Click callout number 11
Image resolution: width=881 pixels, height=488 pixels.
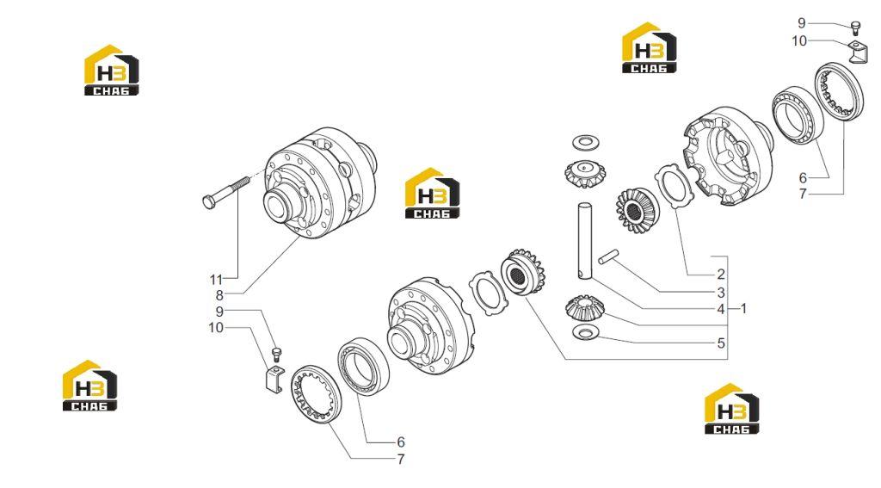click(216, 280)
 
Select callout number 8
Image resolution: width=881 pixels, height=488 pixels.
click(219, 295)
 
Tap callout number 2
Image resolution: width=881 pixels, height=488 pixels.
click(721, 275)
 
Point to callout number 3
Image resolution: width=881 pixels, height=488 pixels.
click(721, 293)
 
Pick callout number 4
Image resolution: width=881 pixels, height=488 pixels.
click(721, 309)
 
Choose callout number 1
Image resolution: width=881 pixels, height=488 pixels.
click(743, 309)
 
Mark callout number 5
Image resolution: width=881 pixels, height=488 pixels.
click(721, 343)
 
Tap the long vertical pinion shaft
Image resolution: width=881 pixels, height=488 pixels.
click(584, 241)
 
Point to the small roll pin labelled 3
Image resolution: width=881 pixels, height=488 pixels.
click(608, 256)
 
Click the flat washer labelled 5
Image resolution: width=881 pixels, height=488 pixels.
click(586, 333)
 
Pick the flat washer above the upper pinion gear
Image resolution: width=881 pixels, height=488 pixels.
click(585, 142)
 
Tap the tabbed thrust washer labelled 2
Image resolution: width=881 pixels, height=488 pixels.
click(675, 186)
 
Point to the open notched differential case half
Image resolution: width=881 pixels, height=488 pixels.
click(729, 157)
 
